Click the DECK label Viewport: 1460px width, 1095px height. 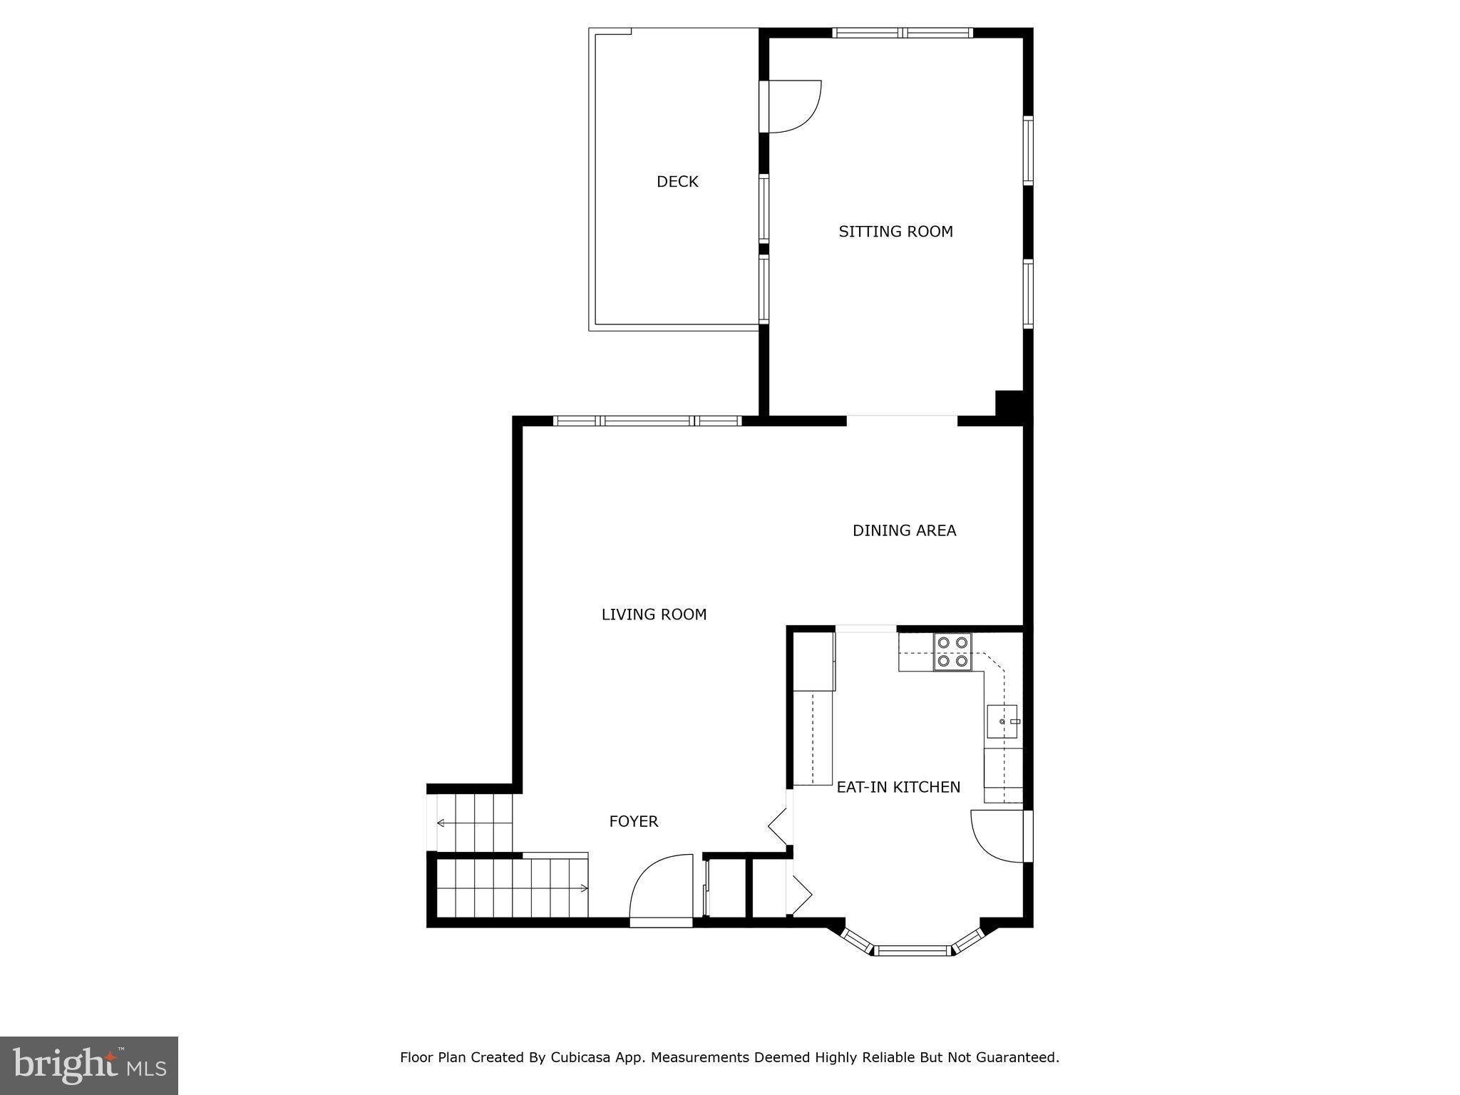[677, 182]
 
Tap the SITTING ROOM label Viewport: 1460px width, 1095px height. [895, 232]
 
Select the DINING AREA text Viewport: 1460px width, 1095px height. [904, 530]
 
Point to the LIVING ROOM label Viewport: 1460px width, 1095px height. [654, 615]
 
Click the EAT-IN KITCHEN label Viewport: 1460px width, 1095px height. [898, 787]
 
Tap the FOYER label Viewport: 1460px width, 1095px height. [633, 821]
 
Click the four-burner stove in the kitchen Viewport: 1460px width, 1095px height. [952, 652]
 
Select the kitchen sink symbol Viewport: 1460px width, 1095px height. [1002, 721]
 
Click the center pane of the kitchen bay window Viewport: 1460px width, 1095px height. [912, 950]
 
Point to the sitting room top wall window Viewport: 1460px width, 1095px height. [903, 32]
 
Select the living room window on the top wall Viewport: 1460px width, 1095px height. [647, 421]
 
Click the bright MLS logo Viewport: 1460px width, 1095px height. [89, 1065]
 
